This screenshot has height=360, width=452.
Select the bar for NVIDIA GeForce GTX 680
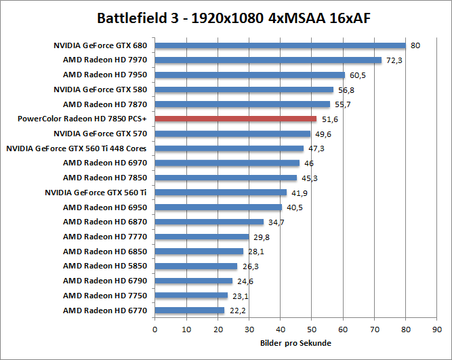pyautogui.click(x=280, y=45)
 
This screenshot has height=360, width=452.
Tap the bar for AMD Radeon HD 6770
pyautogui.click(x=190, y=311)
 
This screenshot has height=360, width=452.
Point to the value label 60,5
pyautogui.click(x=358, y=75)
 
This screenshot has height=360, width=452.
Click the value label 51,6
pyautogui.click(x=330, y=119)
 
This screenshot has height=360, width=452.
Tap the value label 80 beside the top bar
pyautogui.click(x=415, y=46)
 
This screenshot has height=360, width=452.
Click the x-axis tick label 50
pyautogui.click(x=312, y=329)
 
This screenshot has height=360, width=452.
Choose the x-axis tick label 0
pyautogui.click(x=155, y=329)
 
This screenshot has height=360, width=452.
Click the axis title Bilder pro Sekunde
pyautogui.click(x=295, y=343)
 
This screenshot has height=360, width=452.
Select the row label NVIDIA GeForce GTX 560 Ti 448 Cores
pyautogui.click(x=77, y=148)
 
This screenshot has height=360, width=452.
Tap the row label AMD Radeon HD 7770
pyautogui.click(x=105, y=237)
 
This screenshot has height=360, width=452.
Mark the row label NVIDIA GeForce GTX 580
pyautogui.click(x=100, y=89)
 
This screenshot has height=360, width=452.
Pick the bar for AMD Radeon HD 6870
pyautogui.click(x=209, y=222)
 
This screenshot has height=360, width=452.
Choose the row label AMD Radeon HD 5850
pyautogui.click(x=105, y=266)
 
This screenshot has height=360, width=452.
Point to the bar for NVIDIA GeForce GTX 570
pyautogui.click(x=232, y=134)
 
